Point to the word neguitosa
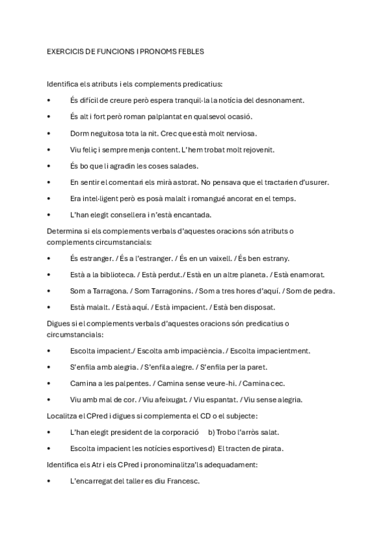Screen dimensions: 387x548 click(109, 133)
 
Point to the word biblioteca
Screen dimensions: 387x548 click(112, 275)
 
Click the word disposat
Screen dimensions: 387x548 click(257, 307)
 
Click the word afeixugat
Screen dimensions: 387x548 click(171, 399)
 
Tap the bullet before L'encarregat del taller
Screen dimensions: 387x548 click(50, 481)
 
